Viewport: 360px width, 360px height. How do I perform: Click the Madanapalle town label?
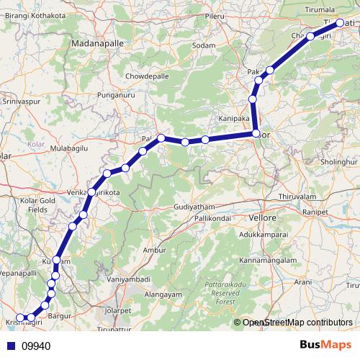click(x=98, y=43)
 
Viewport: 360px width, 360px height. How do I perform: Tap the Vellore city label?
click(x=262, y=217)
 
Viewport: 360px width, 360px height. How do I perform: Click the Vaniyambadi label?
click(x=127, y=279)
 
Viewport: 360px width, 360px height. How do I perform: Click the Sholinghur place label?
click(x=339, y=162)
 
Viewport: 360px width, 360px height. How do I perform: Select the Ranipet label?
click(x=315, y=213)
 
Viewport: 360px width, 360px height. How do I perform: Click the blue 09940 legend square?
click(x=11, y=346)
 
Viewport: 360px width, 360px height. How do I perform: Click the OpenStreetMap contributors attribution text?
click(x=297, y=323)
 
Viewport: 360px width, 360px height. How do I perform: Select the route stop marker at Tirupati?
click(x=341, y=24)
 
